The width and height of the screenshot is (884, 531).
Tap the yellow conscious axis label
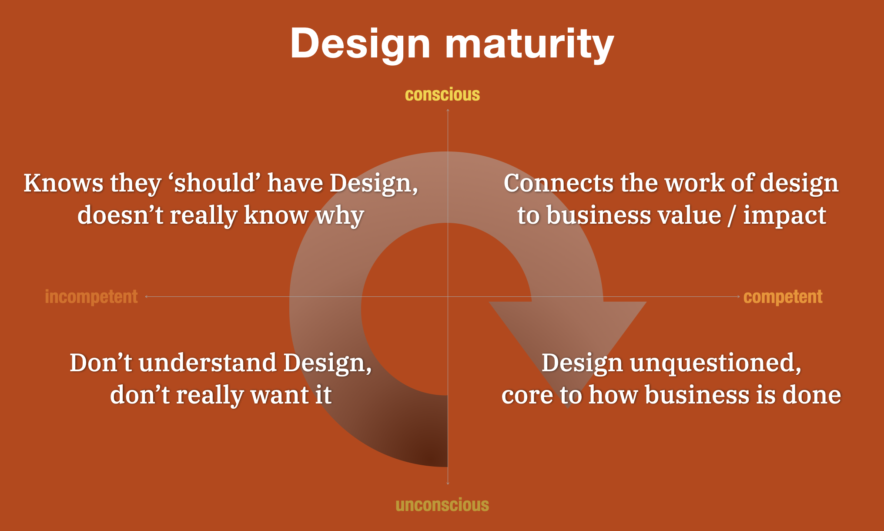pyautogui.click(x=442, y=95)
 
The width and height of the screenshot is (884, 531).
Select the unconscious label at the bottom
pyautogui.click(x=442, y=505)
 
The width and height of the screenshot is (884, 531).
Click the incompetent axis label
pyautogui.click(x=91, y=297)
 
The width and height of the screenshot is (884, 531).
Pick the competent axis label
pyautogui.click(x=783, y=297)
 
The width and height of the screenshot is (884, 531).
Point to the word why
pyautogui.click(x=340, y=215)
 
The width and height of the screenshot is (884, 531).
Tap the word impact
pyautogui.click(x=784, y=215)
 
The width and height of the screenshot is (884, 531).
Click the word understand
pyautogui.click(x=208, y=363)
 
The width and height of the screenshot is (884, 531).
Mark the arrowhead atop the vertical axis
pyautogui.click(x=448, y=110)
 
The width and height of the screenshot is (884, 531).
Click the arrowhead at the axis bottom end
pyautogui.click(x=448, y=483)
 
